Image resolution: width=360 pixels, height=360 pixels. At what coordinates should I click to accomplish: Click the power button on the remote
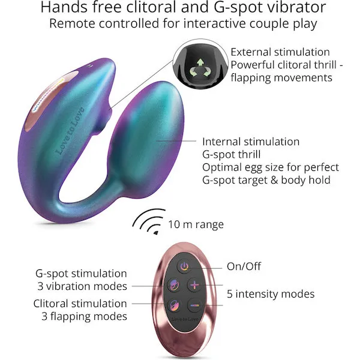(x=184, y=266)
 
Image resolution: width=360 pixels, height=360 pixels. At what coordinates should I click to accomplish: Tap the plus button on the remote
(x=194, y=285)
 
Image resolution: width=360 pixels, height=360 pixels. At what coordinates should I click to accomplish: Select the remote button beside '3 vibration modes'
(x=174, y=285)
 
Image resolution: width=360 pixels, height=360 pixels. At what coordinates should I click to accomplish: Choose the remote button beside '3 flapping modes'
(x=174, y=305)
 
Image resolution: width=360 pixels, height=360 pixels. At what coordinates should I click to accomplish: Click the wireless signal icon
(x=149, y=221)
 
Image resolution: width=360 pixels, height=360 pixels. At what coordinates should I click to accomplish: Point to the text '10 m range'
(x=196, y=224)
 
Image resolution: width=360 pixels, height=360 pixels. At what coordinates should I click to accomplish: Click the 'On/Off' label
(x=244, y=266)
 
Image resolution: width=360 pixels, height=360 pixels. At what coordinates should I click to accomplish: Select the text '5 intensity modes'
(x=271, y=294)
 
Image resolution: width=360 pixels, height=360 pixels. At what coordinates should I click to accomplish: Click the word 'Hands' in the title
(x=64, y=7)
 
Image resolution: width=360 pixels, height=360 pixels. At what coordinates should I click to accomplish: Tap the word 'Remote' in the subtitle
(x=72, y=23)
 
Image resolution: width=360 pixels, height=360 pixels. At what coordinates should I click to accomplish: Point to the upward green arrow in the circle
(x=200, y=62)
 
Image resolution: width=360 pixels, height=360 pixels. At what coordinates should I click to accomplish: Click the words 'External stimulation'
(x=280, y=52)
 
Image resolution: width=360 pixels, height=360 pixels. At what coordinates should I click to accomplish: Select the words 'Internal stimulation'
(x=251, y=142)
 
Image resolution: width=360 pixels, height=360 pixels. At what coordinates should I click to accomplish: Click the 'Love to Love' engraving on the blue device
(x=70, y=131)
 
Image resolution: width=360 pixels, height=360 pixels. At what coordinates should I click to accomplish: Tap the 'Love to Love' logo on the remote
(x=185, y=319)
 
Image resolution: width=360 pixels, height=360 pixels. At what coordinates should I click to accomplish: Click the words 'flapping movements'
(x=281, y=77)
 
